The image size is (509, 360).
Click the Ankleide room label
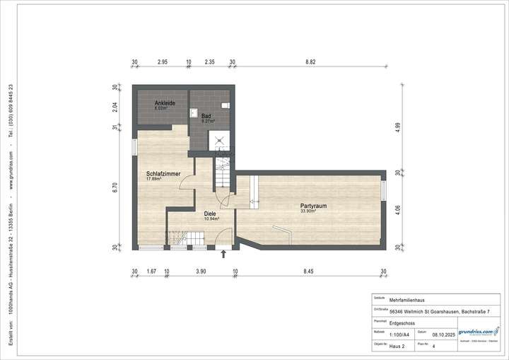tap(165, 104)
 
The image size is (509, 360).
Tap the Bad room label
tap(206, 116)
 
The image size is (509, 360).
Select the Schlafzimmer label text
tap(163, 173)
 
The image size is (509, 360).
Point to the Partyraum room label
tap(308, 207)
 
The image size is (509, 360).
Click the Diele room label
tap(211, 214)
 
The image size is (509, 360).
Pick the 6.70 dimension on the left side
tap(115, 187)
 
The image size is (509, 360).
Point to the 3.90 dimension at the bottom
tap(201, 271)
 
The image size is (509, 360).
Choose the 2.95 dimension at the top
tap(162, 62)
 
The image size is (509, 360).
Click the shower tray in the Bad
tap(225, 139)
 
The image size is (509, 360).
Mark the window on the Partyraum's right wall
tap(384, 191)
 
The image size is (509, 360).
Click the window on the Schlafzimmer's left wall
tap(134, 146)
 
